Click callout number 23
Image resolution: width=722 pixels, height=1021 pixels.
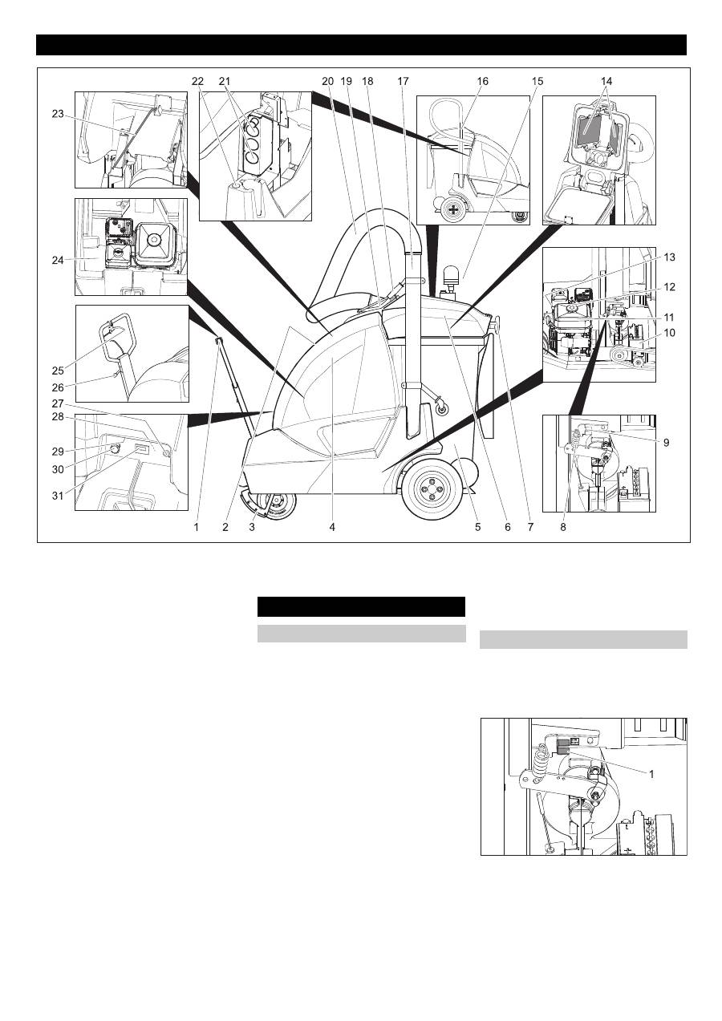58,114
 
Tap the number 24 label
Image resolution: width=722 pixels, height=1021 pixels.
58,261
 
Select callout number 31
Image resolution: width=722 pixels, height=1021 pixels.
58,496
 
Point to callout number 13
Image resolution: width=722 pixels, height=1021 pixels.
669,257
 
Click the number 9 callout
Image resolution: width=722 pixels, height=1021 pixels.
666,443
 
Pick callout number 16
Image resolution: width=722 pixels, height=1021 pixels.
482,81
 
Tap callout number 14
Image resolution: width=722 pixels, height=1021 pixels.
606,81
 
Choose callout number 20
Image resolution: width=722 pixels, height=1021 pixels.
328,81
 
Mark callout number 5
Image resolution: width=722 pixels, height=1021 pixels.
477,527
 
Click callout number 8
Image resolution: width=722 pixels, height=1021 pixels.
563,527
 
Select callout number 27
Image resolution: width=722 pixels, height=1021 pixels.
58,404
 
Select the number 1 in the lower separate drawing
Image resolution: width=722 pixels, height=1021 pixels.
651,773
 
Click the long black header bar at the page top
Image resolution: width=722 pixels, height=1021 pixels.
361,45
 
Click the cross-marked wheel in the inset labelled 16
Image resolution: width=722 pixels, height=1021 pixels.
453,210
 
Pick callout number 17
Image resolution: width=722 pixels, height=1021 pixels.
403,81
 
